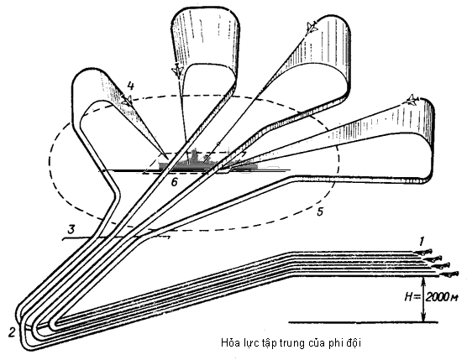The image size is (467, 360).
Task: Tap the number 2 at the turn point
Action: coord(11,333)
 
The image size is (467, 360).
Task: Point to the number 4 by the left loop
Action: coord(132,85)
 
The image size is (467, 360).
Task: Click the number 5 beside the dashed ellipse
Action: coord(319,212)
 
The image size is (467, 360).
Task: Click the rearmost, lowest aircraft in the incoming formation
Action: coord(450,274)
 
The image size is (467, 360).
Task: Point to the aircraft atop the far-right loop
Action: coord(412,100)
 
